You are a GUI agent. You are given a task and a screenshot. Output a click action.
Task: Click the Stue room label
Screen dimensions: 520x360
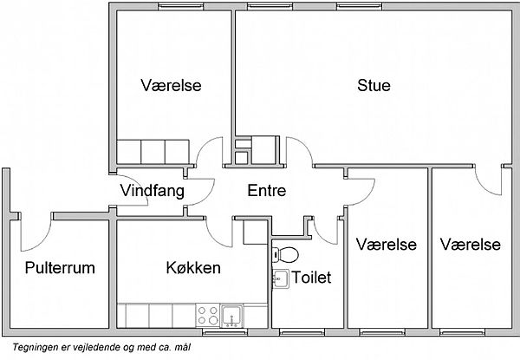(374, 85)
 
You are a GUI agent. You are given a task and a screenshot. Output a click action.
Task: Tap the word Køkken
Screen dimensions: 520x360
(193, 267)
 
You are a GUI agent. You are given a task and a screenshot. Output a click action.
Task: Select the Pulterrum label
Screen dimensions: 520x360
(60, 268)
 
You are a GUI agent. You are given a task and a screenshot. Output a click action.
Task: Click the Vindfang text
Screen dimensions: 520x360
(153, 191)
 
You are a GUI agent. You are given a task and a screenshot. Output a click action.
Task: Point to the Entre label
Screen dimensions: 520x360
(267, 191)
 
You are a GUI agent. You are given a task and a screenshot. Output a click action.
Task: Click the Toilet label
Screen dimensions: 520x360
(311, 278)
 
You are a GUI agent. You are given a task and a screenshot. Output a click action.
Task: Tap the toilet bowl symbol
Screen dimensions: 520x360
(285, 255)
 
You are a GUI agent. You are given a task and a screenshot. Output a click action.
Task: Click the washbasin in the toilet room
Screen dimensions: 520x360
(281, 278)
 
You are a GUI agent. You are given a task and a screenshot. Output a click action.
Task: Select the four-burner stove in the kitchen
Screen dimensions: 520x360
(208, 316)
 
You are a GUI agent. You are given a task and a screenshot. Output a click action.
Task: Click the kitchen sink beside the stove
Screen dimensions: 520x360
(232, 316)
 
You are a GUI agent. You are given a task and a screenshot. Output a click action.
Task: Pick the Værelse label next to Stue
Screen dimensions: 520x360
(171, 85)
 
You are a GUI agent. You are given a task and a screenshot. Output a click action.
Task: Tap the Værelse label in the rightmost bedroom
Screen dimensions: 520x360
(471, 245)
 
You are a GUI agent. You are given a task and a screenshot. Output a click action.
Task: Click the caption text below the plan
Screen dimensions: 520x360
(101, 347)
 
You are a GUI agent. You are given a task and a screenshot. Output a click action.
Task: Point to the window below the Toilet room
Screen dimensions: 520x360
(302, 332)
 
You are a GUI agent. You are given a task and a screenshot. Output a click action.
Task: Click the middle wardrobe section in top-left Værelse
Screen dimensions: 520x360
(153, 152)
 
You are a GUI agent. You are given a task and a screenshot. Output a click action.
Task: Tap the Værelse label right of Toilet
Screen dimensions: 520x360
(387, 245)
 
